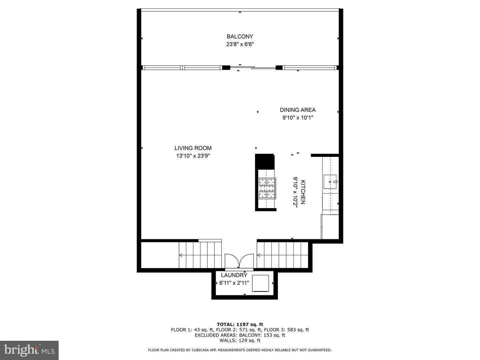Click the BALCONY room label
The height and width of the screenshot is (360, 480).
240,37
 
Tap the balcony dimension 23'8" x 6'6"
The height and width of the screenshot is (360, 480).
240,44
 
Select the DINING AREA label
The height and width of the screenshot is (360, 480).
297,110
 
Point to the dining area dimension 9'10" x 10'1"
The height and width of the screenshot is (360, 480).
297,118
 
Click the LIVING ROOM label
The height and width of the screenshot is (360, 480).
193,148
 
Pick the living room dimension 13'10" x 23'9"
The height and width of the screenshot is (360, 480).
193,156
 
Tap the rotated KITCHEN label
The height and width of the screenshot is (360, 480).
303,192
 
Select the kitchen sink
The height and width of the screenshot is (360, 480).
330,182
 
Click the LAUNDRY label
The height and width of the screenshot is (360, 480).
234,275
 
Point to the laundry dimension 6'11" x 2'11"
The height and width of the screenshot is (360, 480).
234,283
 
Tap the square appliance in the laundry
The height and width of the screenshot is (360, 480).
260,283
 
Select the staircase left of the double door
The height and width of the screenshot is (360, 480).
200,255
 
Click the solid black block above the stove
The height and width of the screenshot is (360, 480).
264,161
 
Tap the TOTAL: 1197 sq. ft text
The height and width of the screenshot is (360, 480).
240,324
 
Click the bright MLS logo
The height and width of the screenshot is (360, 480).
29,350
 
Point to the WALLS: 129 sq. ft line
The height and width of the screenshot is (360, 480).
240,340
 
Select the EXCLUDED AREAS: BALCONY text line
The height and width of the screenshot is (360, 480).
240,335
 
